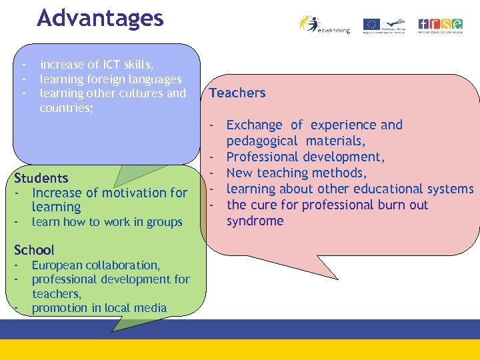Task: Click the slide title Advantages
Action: coord(100,18)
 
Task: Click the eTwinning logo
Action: coord(325,25)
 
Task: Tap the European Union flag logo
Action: coord(371,25)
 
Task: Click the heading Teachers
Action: coord(237,93)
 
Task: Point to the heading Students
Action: coord(41,178)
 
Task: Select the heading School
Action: coord(34,250)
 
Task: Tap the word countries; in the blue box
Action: coord(66,107)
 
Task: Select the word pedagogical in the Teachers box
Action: coord(262,141)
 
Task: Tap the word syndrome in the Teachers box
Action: coord(255,221)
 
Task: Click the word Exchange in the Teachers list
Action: coord(254,125)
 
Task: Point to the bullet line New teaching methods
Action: coord(297,173)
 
